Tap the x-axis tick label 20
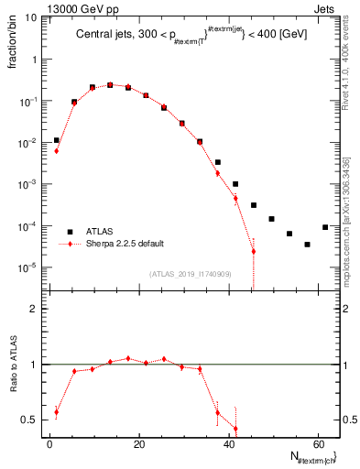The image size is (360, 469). [x=138, y=444]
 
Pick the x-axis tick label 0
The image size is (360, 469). [x=49, y=444]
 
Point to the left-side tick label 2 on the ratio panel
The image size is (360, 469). [x=34, y=310]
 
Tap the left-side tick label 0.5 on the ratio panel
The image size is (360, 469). [x=30, y=420]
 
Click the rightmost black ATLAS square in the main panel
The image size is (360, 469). [x=325, y=227]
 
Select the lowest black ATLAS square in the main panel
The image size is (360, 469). [x=307, y=245]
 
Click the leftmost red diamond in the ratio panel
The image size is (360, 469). [x=56, y=412]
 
